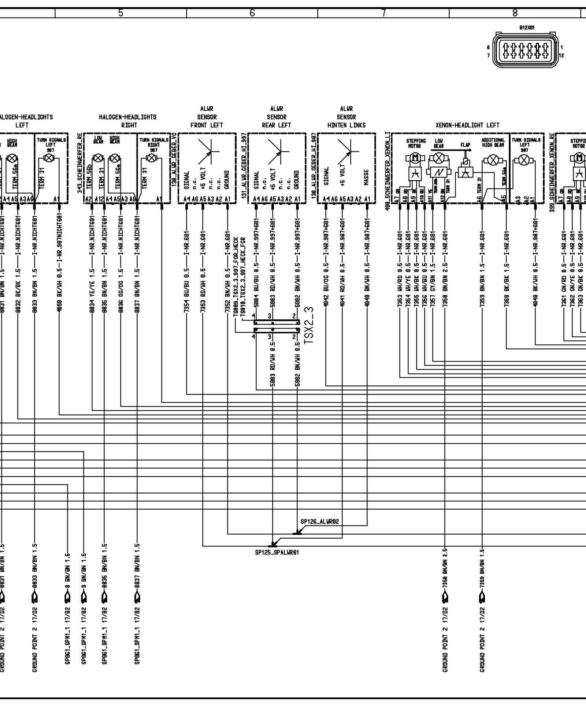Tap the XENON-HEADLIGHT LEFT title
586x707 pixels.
(x=467, y=125)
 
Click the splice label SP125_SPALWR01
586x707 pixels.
(x=277, y=552)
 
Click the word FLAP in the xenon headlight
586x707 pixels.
(x=465, y=144)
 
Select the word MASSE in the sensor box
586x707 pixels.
(x=366, y=177)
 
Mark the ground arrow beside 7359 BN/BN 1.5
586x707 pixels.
(x=482, y=600)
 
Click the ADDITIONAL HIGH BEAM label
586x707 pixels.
(x=493, y=142)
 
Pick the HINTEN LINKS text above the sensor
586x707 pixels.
(x=346, y=125)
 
